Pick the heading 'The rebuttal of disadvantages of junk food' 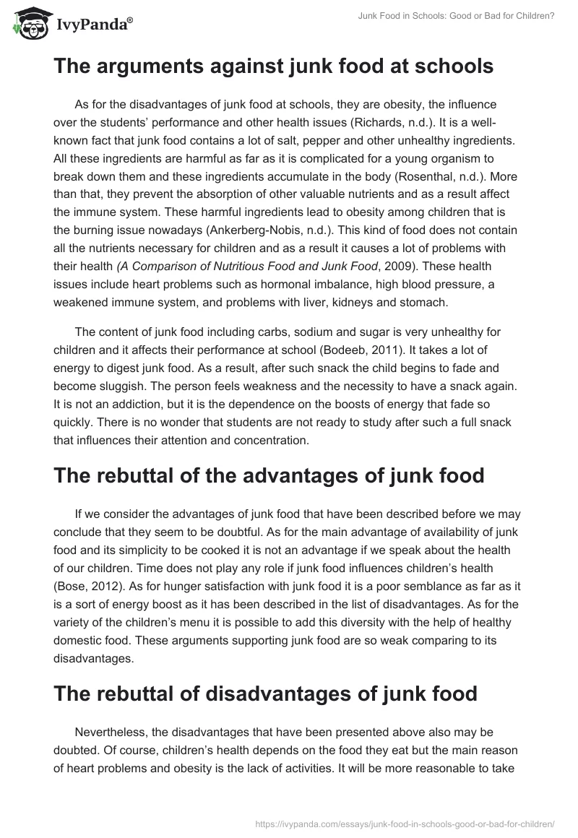[265, 694]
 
